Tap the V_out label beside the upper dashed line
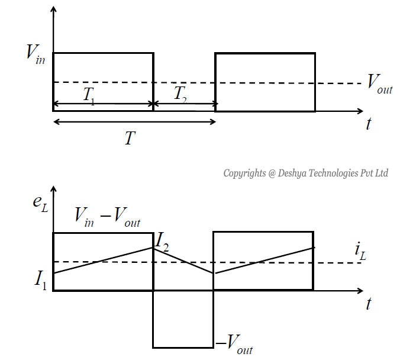[x=379, y=82]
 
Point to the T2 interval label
[x=180, y=94]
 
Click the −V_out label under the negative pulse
[x=235, y=343]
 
